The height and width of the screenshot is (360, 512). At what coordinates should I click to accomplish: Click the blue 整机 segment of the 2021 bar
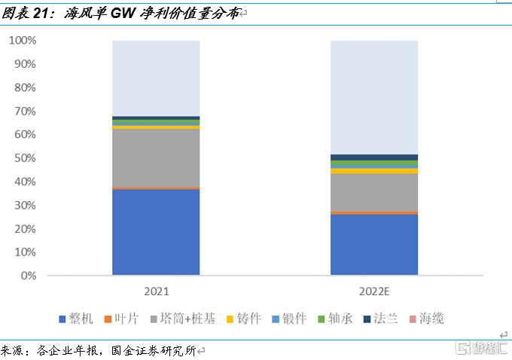coord(156,231)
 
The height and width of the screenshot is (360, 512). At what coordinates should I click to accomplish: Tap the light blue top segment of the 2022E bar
coord(374,97)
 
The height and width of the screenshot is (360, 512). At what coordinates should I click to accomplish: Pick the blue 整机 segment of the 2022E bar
coord(374,245)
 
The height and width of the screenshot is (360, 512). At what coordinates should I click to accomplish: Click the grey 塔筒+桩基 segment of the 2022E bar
coord(374,193)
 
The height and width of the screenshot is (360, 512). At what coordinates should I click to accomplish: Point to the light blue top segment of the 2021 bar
coord(156,78)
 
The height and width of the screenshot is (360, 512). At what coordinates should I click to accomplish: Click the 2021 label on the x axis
coord(156,291)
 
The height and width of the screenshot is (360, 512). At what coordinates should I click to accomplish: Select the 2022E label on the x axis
coord(374,291)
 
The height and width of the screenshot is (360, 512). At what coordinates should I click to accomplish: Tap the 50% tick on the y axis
coord(25,158)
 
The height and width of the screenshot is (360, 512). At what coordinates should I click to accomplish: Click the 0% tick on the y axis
coord(28,276)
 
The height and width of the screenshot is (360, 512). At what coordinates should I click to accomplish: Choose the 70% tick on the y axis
coord(25,111)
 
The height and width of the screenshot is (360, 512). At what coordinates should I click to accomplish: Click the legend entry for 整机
coord(75,319)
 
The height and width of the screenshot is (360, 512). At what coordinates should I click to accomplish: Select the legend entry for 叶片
coord(121,319)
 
